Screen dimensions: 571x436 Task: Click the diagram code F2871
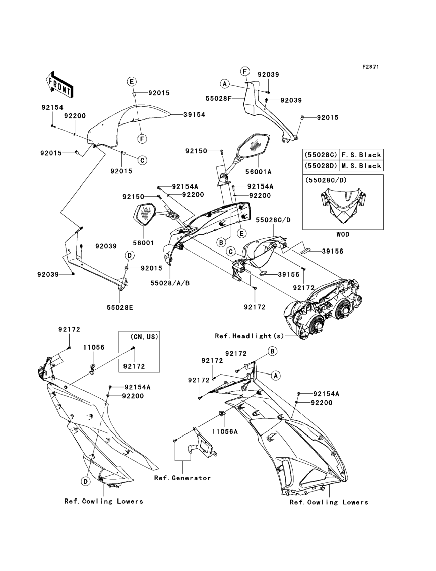pyautogui.click(x=371, y=67)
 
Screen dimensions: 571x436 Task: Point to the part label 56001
pyautogui.click(x=144, y=243)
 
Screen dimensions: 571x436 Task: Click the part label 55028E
pyautogui.click(x=120, y=307)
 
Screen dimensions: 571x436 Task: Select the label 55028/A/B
pyautogui.click(x=170, y=283)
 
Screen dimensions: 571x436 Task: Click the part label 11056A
pyautogui.click(x=225, y=431)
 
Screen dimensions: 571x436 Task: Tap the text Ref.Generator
pyautogui.click(x=182, y=478)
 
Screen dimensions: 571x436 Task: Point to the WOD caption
pyautogui.click(x=343, y=234)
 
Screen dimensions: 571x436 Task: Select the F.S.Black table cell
pyautogui.click(x=361, y=155)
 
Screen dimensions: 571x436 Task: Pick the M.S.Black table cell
pyautogui.click(x=361, y=166)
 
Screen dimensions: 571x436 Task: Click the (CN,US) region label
pyautogui.click(x=144, y=337)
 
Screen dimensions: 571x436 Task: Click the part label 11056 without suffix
pyautogui.click(x=94, y=347)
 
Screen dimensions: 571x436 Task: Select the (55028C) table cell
pyautogui.click(x=321, y=155)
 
